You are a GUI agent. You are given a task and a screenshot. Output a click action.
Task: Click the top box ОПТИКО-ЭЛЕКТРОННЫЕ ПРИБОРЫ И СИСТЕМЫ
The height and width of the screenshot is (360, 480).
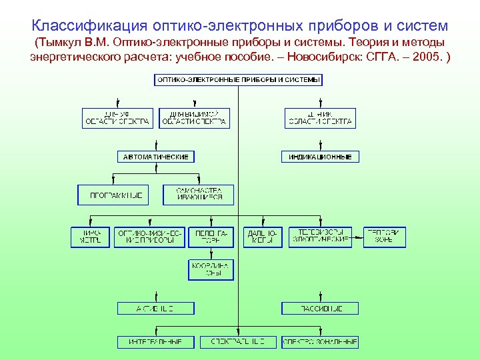point(239,80)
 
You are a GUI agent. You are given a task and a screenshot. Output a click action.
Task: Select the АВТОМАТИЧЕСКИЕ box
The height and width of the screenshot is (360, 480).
point(156,157)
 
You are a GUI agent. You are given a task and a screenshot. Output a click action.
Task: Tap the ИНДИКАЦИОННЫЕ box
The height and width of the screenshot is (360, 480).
point(320,157)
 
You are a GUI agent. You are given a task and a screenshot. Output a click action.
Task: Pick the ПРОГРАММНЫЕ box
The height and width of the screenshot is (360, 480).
point(111,195)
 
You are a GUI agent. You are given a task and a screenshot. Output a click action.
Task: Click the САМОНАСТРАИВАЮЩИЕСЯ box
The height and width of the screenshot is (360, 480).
point(199,195)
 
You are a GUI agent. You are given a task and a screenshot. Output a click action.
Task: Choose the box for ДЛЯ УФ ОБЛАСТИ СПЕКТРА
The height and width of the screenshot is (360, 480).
point(117,118)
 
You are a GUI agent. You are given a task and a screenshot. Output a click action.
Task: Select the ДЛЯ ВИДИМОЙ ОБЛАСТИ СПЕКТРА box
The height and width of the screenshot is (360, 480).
point(194,118)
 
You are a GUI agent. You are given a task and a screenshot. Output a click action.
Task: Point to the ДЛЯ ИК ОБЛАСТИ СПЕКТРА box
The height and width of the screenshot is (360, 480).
point(320,118)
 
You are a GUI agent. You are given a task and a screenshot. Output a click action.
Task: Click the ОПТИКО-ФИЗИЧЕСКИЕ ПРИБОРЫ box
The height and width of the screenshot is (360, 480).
point(150,237)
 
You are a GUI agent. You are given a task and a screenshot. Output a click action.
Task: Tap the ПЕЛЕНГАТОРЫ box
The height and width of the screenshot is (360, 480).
point(211,237)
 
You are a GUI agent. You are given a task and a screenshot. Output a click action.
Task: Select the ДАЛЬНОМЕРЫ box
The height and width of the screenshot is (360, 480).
point(263,237)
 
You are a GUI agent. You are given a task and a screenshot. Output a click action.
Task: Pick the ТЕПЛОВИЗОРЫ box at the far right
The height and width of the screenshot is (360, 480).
point(384,237)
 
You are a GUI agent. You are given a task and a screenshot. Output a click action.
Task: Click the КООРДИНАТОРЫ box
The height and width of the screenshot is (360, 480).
point(211,269)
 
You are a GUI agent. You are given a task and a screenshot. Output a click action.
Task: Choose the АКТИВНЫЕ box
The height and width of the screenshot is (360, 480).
point(156,309)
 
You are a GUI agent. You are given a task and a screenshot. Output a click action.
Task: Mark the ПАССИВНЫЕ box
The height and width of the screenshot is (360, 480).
point(320,309)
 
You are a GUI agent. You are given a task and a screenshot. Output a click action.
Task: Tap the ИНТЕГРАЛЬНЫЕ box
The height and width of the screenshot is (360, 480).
point(156,342)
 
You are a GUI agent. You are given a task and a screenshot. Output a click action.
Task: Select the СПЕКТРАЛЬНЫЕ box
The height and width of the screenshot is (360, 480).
point(238,342)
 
